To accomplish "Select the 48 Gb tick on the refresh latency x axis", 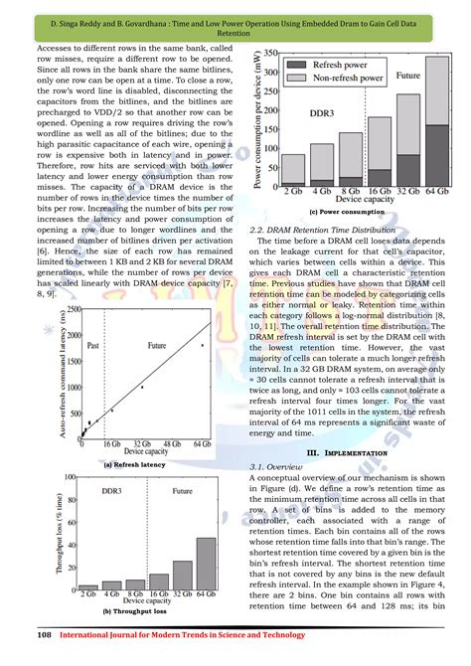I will click(x=175, y=448).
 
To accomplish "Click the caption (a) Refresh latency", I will click(x=132, y=464).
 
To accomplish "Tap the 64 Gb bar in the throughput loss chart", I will click(x=206, y=565).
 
